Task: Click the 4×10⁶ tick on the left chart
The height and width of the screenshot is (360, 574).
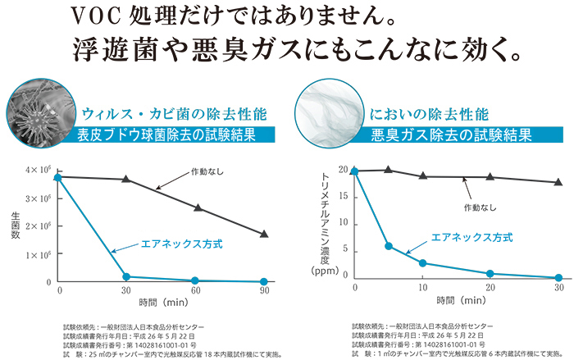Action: click(38, 170)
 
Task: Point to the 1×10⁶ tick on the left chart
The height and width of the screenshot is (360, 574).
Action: click(38, 254)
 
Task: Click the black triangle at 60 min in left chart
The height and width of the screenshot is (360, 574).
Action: click(197, 207)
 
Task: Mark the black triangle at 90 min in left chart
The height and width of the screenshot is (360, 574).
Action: click(263, 234)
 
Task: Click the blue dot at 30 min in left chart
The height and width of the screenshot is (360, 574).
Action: click(126, 277)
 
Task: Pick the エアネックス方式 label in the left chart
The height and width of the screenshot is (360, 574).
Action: click(171, 244)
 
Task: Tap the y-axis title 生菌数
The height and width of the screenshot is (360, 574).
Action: click(16, 226)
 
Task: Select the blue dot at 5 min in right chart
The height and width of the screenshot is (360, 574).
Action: click(389, 246)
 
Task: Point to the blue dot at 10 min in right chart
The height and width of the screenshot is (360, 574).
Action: click(422, 263)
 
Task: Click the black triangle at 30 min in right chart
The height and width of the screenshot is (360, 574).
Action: click(558, 182)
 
